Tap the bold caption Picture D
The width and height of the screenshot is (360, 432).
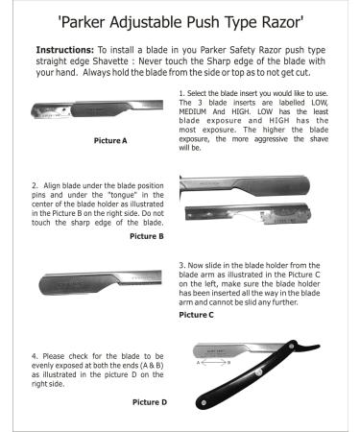tap(148, 402)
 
